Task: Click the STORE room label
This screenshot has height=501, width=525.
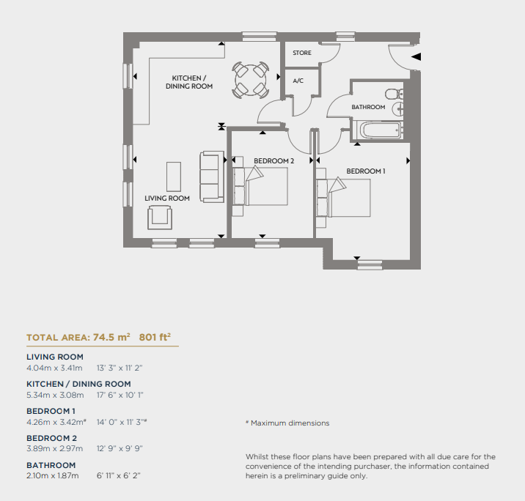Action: [x=301, y=53]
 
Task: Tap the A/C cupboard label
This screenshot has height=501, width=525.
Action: [x=298, y=81]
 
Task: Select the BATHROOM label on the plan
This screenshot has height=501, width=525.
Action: [x=368, y=107]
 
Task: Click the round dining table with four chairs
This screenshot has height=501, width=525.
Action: [x=251, y=80]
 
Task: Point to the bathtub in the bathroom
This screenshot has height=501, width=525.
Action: [x=378, y=130]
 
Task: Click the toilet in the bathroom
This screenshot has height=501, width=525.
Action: [x=394, y=94]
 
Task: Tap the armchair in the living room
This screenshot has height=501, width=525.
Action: [x=160, y=218]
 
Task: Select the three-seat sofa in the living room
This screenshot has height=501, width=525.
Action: [x=212, y=177]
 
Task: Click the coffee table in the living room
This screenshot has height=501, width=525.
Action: [x=174, y=177]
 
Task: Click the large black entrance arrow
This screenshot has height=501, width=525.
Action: [x=416, y=56]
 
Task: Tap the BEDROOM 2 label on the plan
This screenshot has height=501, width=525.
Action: [x=274, y=161]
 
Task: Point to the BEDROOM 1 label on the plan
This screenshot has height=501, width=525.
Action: [x=366, y=171]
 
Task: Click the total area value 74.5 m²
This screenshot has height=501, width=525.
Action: [x=111, y=337]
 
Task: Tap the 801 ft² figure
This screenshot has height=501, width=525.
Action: [x=155, y=337]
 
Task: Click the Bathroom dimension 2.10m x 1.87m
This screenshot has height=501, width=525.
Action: [x=53, y=475]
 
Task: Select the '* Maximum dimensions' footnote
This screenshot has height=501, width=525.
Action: [x=287, y=423]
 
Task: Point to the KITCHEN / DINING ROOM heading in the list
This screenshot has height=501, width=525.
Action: [x=78, y=384]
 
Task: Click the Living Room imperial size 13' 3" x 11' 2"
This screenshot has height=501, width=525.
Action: [x=120, y=368]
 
